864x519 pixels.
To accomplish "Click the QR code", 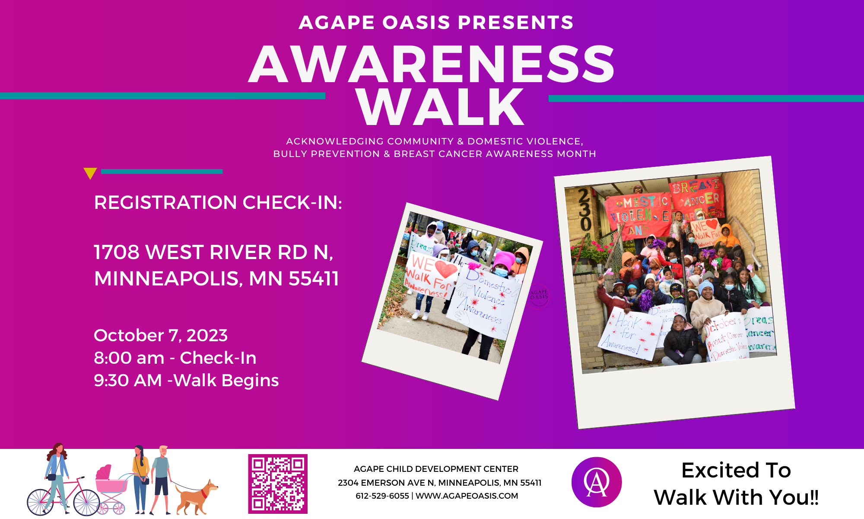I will pyautogui.click(x=278, y=484).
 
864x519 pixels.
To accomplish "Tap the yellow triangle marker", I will pyautogui.click(x=90, y=173).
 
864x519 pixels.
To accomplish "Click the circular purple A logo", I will pyautogui.click(x=597, y=482).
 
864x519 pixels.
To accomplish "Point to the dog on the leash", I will pyautogui.click(x=197, y=497).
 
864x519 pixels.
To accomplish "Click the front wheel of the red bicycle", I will pyautogui.click(x=87, y=502).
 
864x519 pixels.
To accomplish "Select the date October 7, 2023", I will pyautogui.click(x=161, y=336).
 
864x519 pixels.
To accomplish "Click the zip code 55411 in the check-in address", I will pyautogui.click(x=314, y=279).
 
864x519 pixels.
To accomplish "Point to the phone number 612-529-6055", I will pyautogui.click(x=382, y=496).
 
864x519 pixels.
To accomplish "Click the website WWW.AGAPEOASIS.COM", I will pyautogui.click(x=467, y=496).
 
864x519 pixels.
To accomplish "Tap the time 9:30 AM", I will pyautogui.click(x=128, y=381).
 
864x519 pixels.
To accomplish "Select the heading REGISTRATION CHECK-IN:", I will pyautogui.click(x=218, y=202).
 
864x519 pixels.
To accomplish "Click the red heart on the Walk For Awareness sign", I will pyautogui.click(x=446, y=269).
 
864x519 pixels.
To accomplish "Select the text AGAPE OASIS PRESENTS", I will pyautogui.click(x=436, y=22).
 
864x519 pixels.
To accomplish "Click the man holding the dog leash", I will pyautogui.click(x=161, y=478).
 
